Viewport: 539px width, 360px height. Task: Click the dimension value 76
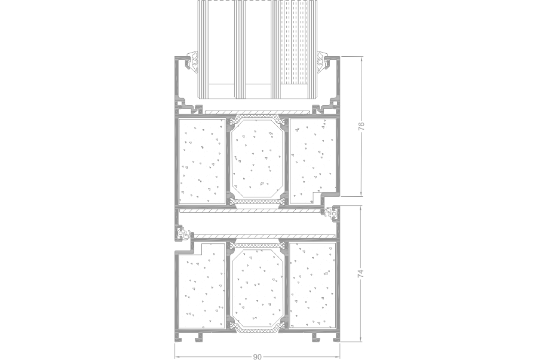361,126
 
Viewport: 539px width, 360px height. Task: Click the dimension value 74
361,274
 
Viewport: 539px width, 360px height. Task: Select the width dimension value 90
257,356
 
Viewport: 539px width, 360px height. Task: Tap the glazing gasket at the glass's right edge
324,62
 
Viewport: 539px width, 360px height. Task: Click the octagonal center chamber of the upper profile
257,158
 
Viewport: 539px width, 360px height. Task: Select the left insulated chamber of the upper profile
202,161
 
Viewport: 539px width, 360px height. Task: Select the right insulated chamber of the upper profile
312,161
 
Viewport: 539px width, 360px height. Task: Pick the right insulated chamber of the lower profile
312,286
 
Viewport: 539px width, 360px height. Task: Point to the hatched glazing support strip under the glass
257,112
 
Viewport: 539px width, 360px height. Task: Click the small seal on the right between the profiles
332,213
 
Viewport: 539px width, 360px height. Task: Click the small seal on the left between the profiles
183,233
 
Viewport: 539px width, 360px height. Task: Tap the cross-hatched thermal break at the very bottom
257,330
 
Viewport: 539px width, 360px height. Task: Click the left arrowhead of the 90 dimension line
177,356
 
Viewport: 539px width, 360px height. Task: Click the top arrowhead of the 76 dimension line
362,59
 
